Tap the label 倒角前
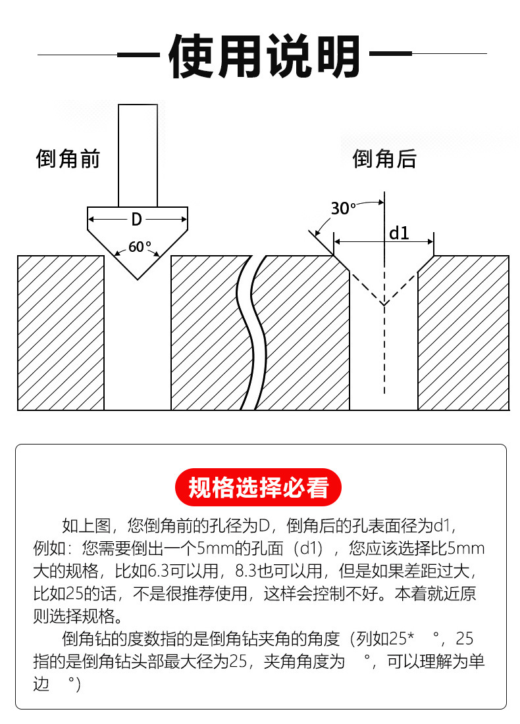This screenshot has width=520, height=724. click(x=67, y=159)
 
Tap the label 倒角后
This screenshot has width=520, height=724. click(x=384, y=159)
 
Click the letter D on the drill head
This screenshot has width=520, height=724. click(x=137, y=219)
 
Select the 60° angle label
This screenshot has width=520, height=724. click(x=139, y=247)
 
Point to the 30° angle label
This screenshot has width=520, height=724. click(x=342, y=209)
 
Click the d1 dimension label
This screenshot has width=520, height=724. click(x=399, y=233)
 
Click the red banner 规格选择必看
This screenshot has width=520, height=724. click(x=259, y=488)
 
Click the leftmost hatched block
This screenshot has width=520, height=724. click(x=61, y=333)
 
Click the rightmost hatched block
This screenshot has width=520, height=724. click(x=463, y=333)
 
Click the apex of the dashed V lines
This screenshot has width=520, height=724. click(x=384, y=305)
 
